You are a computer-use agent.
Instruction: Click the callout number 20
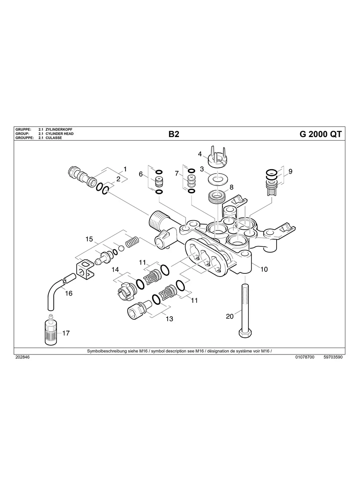230,316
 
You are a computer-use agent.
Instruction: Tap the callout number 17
66,333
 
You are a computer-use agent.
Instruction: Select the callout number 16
69,293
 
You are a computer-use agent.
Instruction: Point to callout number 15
89,239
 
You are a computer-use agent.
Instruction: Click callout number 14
115,269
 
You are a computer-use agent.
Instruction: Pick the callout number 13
169,319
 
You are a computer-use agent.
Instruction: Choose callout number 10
264,269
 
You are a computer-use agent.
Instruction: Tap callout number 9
290,171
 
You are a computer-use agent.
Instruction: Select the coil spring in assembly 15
132,241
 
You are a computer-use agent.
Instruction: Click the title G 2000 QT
320,134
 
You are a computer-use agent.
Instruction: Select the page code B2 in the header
174,134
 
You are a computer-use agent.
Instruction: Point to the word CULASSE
54,137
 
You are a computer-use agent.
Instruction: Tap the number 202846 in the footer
22,357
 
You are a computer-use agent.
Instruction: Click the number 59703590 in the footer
333,357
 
